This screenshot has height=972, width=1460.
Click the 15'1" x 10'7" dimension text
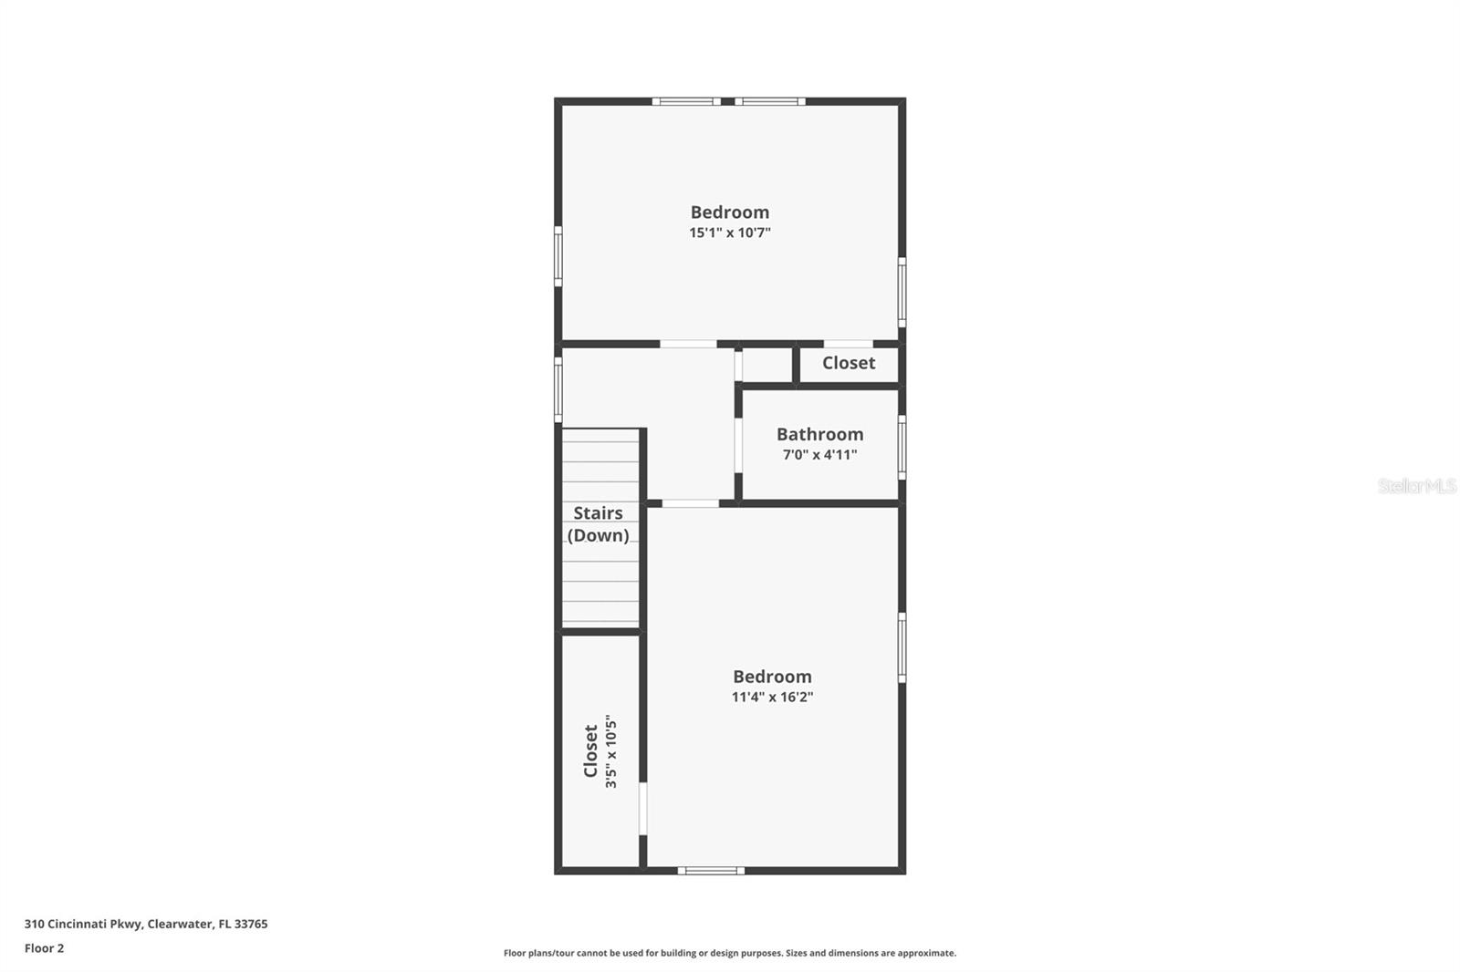coord(729,233)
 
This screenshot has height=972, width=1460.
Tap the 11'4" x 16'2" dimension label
coord(772,698)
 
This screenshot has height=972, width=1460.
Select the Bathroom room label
coord(819,434)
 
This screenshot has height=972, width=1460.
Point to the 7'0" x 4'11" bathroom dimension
coord(819,455)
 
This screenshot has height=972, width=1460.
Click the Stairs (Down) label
coord(598,524)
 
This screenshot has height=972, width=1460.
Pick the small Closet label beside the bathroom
coord(848,363)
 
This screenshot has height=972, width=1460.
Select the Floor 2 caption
coord(44,948)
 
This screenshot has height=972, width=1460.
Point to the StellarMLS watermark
coord(1416,486)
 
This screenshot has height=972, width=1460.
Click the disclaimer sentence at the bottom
coord(729,953)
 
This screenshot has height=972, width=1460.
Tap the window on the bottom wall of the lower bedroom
coord(711,871)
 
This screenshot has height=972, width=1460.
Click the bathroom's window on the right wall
coord(902,447)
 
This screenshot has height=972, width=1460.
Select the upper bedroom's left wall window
coord(558,256)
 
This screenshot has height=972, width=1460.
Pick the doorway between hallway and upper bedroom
coord(688,344)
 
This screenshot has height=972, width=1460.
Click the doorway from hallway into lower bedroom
coord(690,503)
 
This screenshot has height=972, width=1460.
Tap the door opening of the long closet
coord(642,809)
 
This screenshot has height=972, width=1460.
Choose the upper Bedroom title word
coord(729,212)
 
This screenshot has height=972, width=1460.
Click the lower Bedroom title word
coord(772,677)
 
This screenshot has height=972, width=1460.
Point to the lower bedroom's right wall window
coord(902,647)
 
